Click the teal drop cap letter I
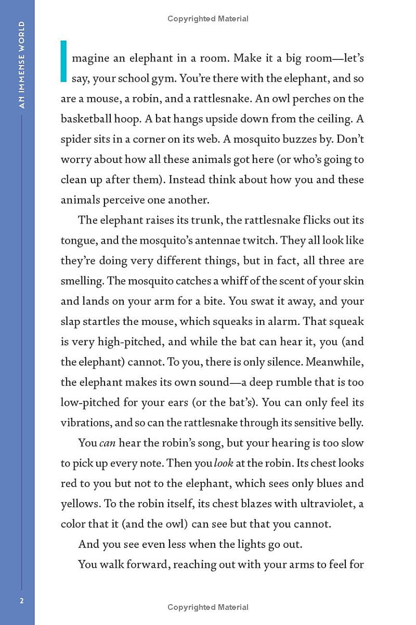(x=64, y=61)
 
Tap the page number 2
(x=21, y=601)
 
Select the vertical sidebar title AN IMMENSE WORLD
(x=21, y=65)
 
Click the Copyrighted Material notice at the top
(x=208, y=19)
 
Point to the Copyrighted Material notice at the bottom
(x=208, y=607)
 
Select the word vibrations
(x=84, y=422)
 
